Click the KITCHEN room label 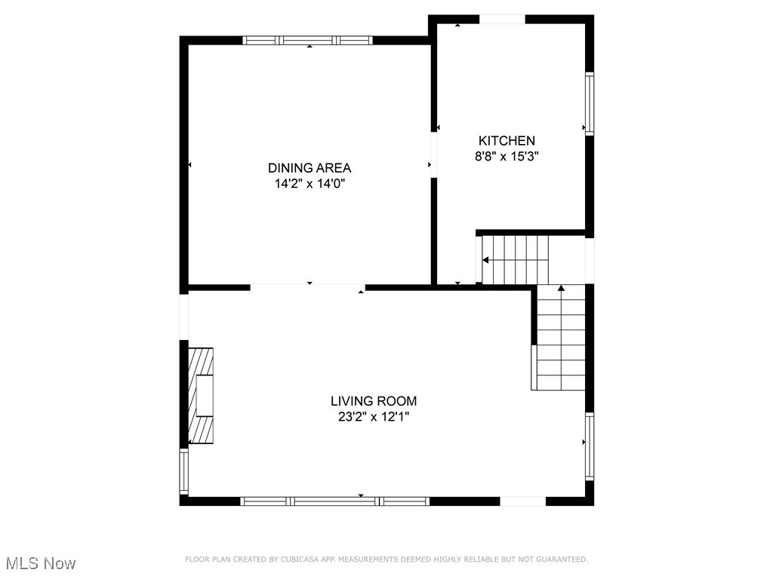tap(507, 140)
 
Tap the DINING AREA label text tap(310, 167)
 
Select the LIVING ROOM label tap(373, 401)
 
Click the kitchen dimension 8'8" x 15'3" tap(507, 157)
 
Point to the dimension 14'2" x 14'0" tap(310, 183)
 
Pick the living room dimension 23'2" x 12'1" tap(373, 416)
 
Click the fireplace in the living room tap(201, 396)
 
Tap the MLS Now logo tap(41, 563)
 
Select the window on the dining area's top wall tap(308, 41)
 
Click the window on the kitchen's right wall tap(590, 103)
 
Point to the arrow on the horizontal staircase tap(485, 260)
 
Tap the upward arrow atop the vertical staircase tap(560, 287)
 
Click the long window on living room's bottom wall tap(334, 501)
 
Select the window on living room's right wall tap(590, 446)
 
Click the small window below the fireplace tap(183, 471)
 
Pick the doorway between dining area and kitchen tap(434, 155)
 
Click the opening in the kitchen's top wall tap(503, 20)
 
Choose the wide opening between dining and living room tap(307, 287)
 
